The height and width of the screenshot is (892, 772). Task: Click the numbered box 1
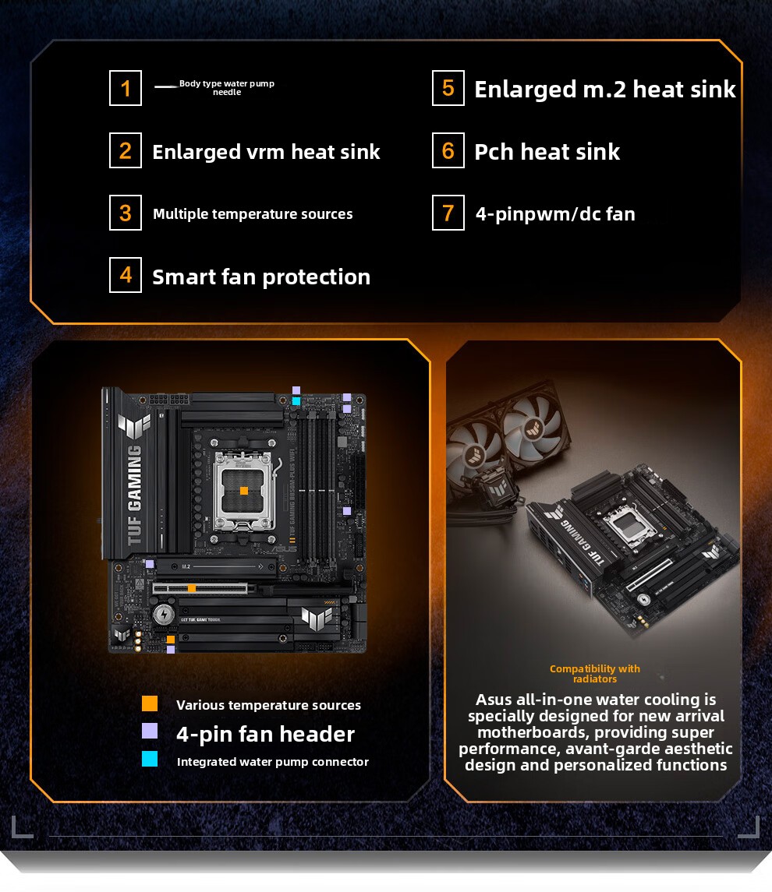(x=126, y=88)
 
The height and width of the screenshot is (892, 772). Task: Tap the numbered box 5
(x=448, y=88)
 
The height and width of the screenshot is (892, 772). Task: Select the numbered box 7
(x=448, y=213)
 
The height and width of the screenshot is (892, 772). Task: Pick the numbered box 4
(x=126, y=275)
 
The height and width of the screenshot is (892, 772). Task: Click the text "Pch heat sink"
(x=547, y=152)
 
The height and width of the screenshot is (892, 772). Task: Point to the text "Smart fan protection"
(x=261, y=277)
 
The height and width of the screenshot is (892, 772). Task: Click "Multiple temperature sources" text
(x=253, y=214)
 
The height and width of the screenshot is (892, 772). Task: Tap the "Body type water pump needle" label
(x=227, y=87)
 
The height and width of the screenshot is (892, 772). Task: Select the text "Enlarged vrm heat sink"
(x=266, y=152)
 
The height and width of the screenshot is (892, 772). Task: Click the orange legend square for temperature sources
(x=150, y=703)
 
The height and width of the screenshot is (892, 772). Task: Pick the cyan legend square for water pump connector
(x=150, y=759)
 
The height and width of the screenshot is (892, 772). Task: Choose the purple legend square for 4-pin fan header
(x=150, y=731)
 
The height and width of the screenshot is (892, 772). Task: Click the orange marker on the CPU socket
(x=243, y=491)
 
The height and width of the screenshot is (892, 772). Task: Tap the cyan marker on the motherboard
(x=296, y=401)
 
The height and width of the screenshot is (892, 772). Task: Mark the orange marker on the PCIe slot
(x=192, y=589)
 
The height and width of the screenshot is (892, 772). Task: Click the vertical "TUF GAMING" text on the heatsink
(x=134, y=495)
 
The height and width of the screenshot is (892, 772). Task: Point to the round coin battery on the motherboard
(x=164, y=615)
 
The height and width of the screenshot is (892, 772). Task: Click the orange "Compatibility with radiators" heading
(x=595, y=674)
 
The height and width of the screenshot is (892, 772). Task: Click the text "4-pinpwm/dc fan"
(x=555, y=214)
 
